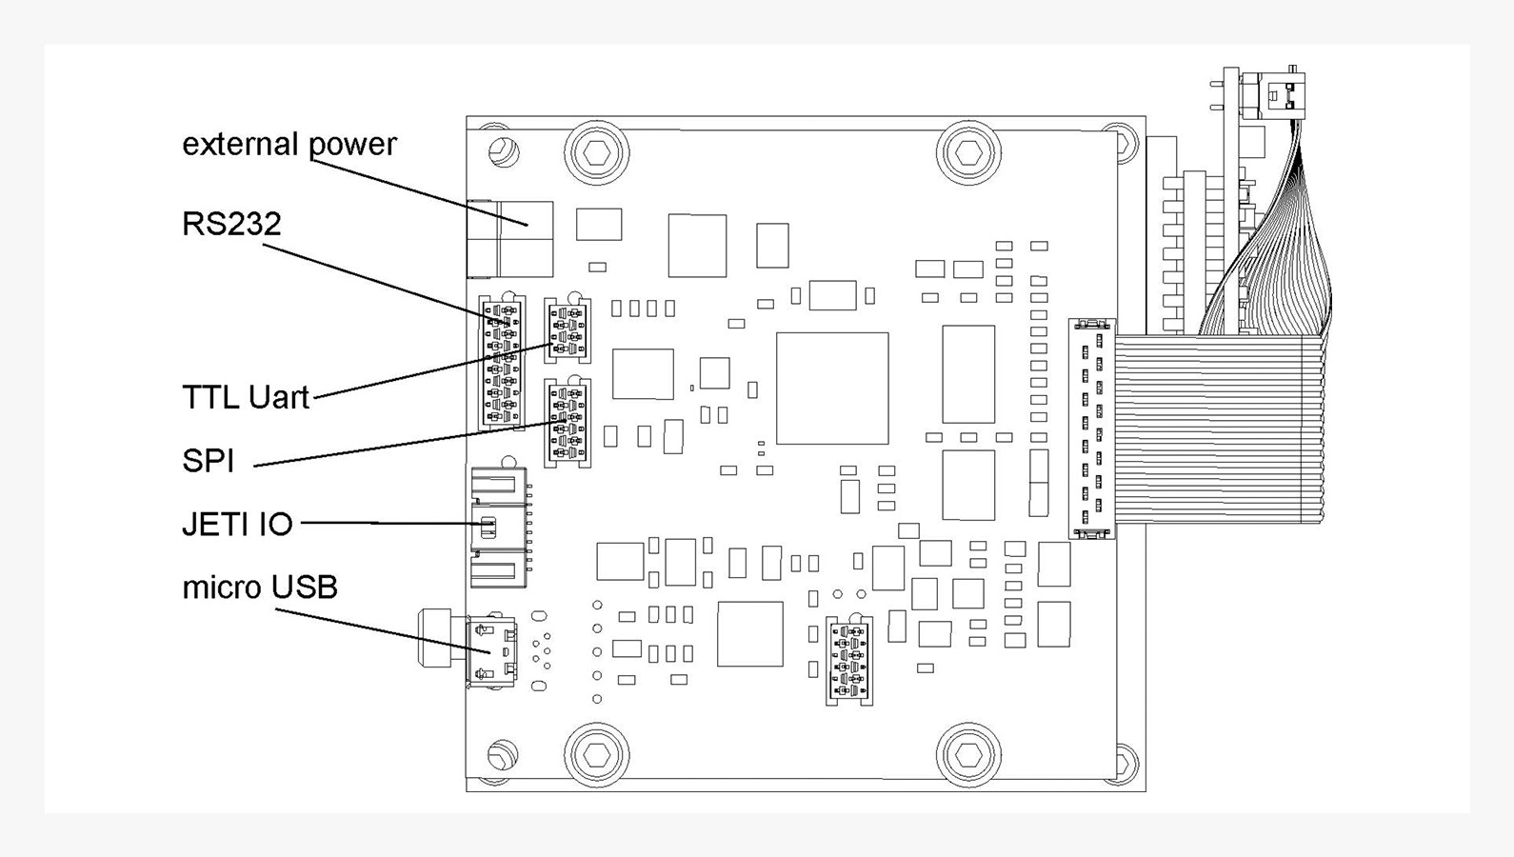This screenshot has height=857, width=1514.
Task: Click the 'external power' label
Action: tap(289, 144)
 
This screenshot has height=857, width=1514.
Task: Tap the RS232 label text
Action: tap(231, 224)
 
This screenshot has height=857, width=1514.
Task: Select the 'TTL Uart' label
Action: tap(246, 397)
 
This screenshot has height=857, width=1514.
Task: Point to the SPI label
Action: tap(208, 461)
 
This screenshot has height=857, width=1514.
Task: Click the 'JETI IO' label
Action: tap(237, 524)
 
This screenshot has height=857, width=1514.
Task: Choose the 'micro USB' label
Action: tap(260, 588)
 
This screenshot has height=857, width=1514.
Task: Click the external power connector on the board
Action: tap(510, 238)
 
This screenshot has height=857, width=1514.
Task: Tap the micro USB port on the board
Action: tap(491, 651)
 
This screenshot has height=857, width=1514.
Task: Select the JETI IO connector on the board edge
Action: tap(498, 527)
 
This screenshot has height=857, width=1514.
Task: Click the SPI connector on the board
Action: tap(568, 423)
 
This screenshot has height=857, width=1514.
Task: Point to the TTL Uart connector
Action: tap(568, 329)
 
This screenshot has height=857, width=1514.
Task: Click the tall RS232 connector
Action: tap(501, 362)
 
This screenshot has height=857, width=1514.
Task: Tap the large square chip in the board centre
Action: tap(832, 389)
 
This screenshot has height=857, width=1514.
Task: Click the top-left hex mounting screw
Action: tap(597, 151)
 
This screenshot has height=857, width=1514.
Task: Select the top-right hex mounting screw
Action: tap(968, 151)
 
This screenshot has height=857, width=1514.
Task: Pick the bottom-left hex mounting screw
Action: tap(597, 755)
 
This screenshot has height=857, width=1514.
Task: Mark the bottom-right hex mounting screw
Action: tap(968, 755)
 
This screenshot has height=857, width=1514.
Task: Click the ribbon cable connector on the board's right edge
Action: tap(1091, 429)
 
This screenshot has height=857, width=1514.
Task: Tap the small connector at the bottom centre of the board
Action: tap(849, 661)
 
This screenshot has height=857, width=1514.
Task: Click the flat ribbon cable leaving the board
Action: tap(1219, 429)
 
